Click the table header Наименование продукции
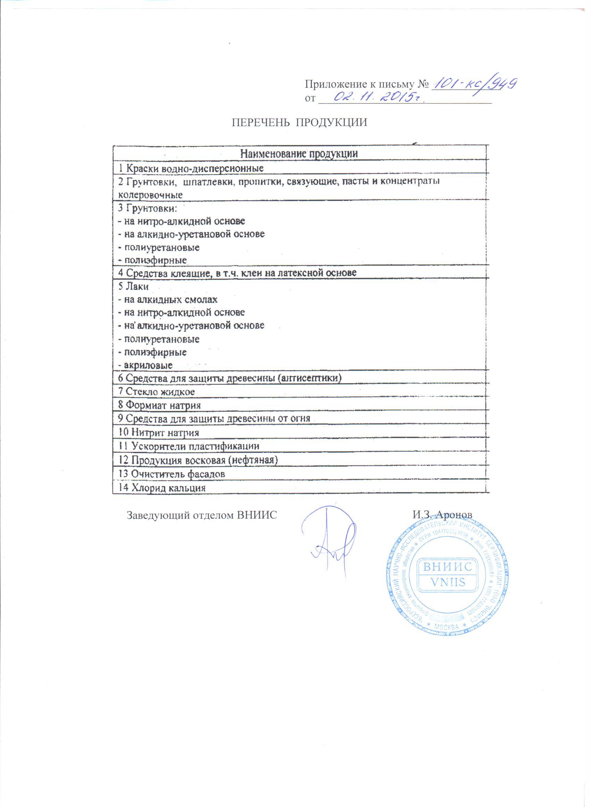(x=299, y=154)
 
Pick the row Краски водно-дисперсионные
(x=191, y=168)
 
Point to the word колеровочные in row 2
(x=150, y=195)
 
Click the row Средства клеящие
(x=237, y=273)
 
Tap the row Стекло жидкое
(x=157, y=392)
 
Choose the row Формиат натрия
(x=160, y=405)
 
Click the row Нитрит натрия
(x=159, y=433)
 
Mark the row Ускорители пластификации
(x=189, y=446)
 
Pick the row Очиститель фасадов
(x=172, y=474)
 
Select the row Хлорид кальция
(x=162, y=488)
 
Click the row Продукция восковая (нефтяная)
(x=198, y=460)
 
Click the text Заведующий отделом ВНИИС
(x=202, y=515)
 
